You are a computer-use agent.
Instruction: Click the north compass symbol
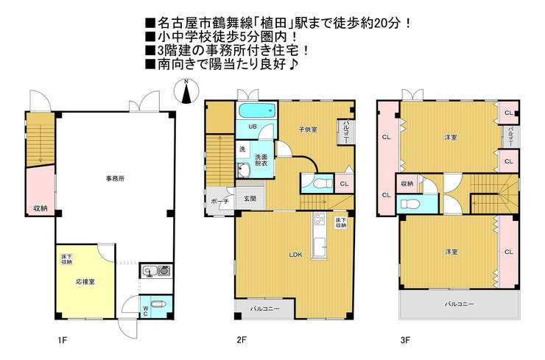coord(186,91)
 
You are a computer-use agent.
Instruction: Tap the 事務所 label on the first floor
coord(115,179)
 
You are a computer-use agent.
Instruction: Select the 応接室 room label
coord(85,282)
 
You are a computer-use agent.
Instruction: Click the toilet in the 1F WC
coord(159,304)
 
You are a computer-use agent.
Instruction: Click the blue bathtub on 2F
coord(257,111)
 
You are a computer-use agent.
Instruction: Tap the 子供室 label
coord(308,130)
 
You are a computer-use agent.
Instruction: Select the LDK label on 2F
coord(296,255)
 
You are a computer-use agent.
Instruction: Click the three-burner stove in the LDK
coord(319,219)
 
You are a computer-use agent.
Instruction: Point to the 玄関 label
coord(250,199)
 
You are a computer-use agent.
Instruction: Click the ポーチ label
coord(219,201)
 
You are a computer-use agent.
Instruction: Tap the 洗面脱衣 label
coord(261,160)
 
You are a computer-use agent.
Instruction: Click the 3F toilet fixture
coord(410,203)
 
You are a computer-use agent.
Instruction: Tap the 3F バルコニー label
coord(460,304)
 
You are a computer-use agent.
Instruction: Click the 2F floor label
coord(242,340)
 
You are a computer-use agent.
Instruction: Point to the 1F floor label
coord(62,340)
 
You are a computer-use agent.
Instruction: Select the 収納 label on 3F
coord(407,183)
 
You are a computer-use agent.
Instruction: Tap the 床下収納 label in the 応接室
coord(66,259)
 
